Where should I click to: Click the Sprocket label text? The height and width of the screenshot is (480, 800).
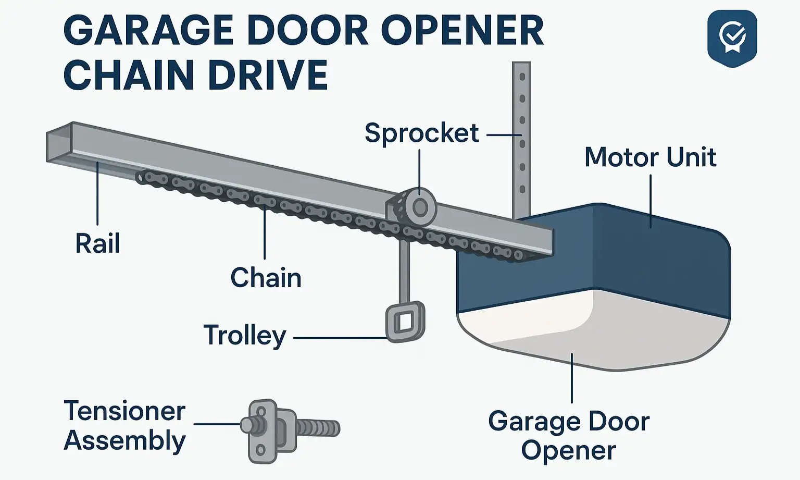(421, 133)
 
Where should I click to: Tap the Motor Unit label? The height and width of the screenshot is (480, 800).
(650, 157)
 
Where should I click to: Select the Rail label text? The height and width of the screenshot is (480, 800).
(97, 243)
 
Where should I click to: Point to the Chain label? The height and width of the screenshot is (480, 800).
(266, 278)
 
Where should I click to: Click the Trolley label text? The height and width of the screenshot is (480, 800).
(245, 335)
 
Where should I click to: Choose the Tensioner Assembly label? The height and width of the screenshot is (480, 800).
(124, 425)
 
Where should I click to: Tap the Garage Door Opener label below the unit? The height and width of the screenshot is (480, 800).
(569, 435)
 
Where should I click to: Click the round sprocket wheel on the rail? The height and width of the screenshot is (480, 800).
(420, 208)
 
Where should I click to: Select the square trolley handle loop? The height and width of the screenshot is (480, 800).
(404, 322)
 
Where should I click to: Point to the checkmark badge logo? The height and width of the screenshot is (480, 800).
(732, 38)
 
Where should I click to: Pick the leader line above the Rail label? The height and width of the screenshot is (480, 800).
(97, 193)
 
